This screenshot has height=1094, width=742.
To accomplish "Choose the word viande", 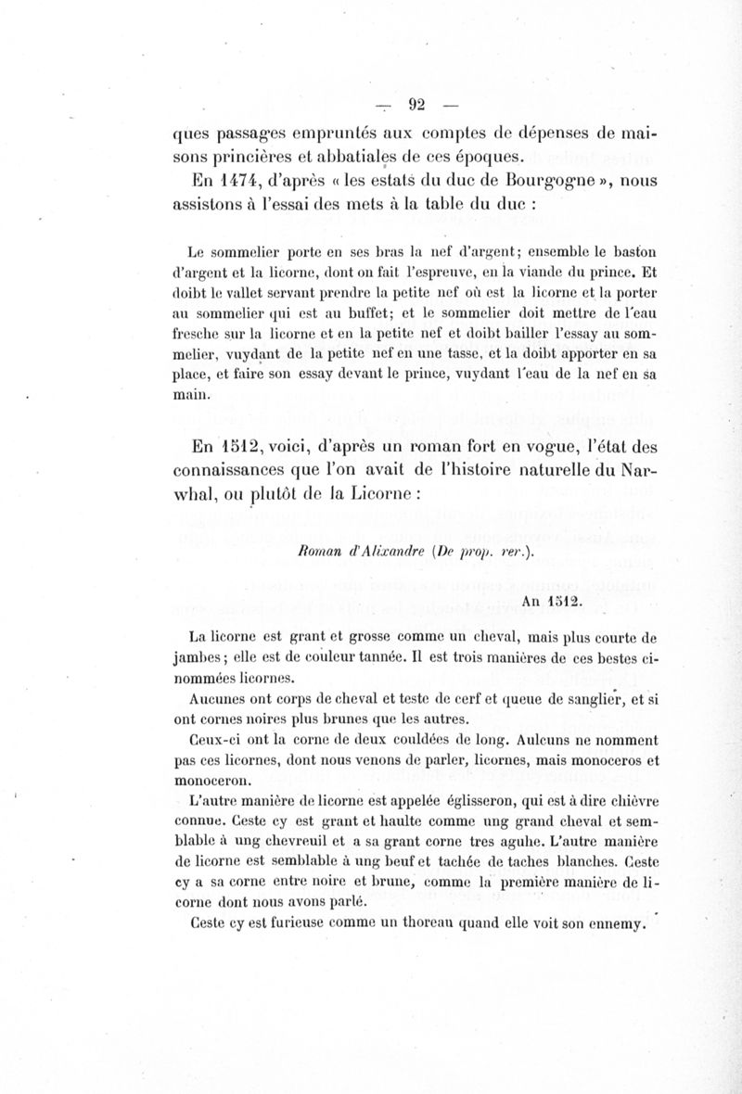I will [x=524, y=273].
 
